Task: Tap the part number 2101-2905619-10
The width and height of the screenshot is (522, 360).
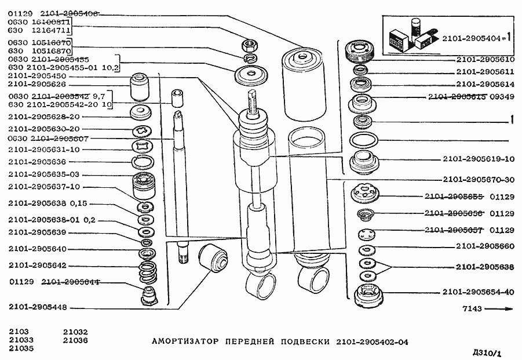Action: pos(479,159)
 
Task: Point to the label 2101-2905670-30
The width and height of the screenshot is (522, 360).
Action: pos(479,180)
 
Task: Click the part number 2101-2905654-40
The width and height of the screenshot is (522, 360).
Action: pos(479,292)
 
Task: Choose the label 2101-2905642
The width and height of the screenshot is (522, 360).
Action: pos(38,266)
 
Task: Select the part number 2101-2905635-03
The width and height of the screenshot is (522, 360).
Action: pos(44,174)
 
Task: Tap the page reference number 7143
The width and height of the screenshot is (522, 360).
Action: pos(472,309)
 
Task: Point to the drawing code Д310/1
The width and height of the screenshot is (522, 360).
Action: pos(487,352)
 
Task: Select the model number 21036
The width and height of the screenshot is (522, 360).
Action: pos(75,340)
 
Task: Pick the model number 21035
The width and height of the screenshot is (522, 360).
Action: pos(21,348)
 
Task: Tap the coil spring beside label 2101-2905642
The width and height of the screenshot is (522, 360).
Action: pos(148,271)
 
